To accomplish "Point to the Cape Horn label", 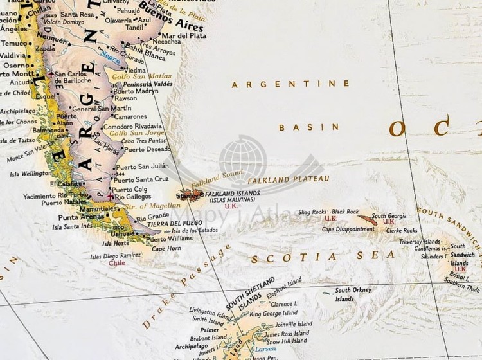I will [x=166, y=248].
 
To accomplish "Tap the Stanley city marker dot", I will [x=202, y=194].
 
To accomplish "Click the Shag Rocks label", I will [x=312, y=212].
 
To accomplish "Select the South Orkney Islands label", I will [x=353, y=294].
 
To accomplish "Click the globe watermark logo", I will [x=243, y=161].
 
